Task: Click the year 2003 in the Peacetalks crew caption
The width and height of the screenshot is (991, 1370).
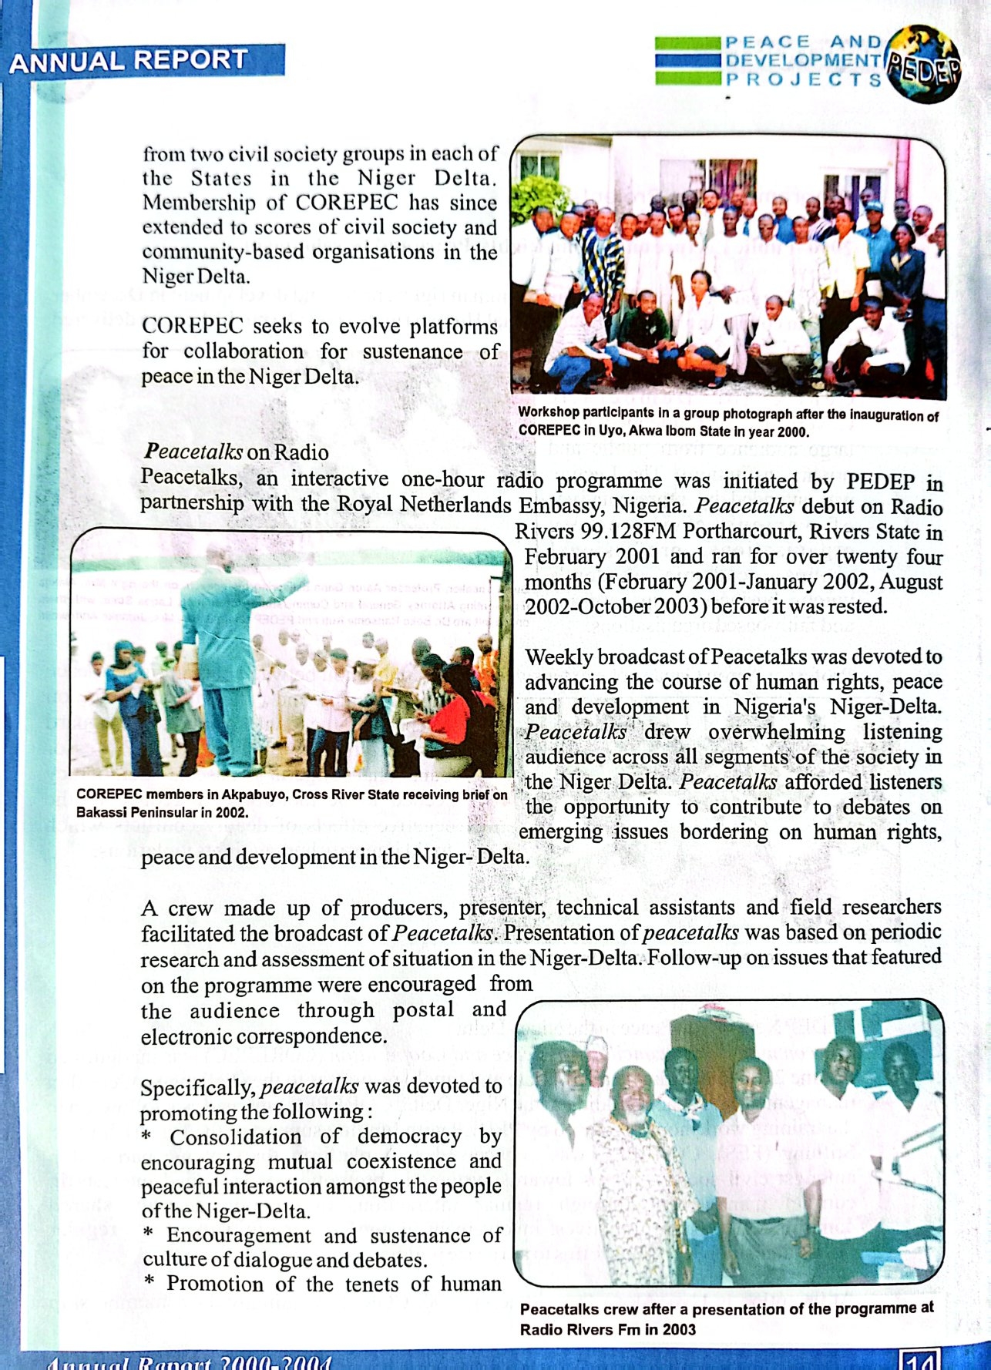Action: click(x=678, y=1330)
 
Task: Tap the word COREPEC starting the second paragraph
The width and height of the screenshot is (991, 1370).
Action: click(x=193, y=326)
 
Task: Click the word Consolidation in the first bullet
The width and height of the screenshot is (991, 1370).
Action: click(x=236, y=1137)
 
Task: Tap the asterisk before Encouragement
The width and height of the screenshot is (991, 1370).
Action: click(x=148, y=1234)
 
